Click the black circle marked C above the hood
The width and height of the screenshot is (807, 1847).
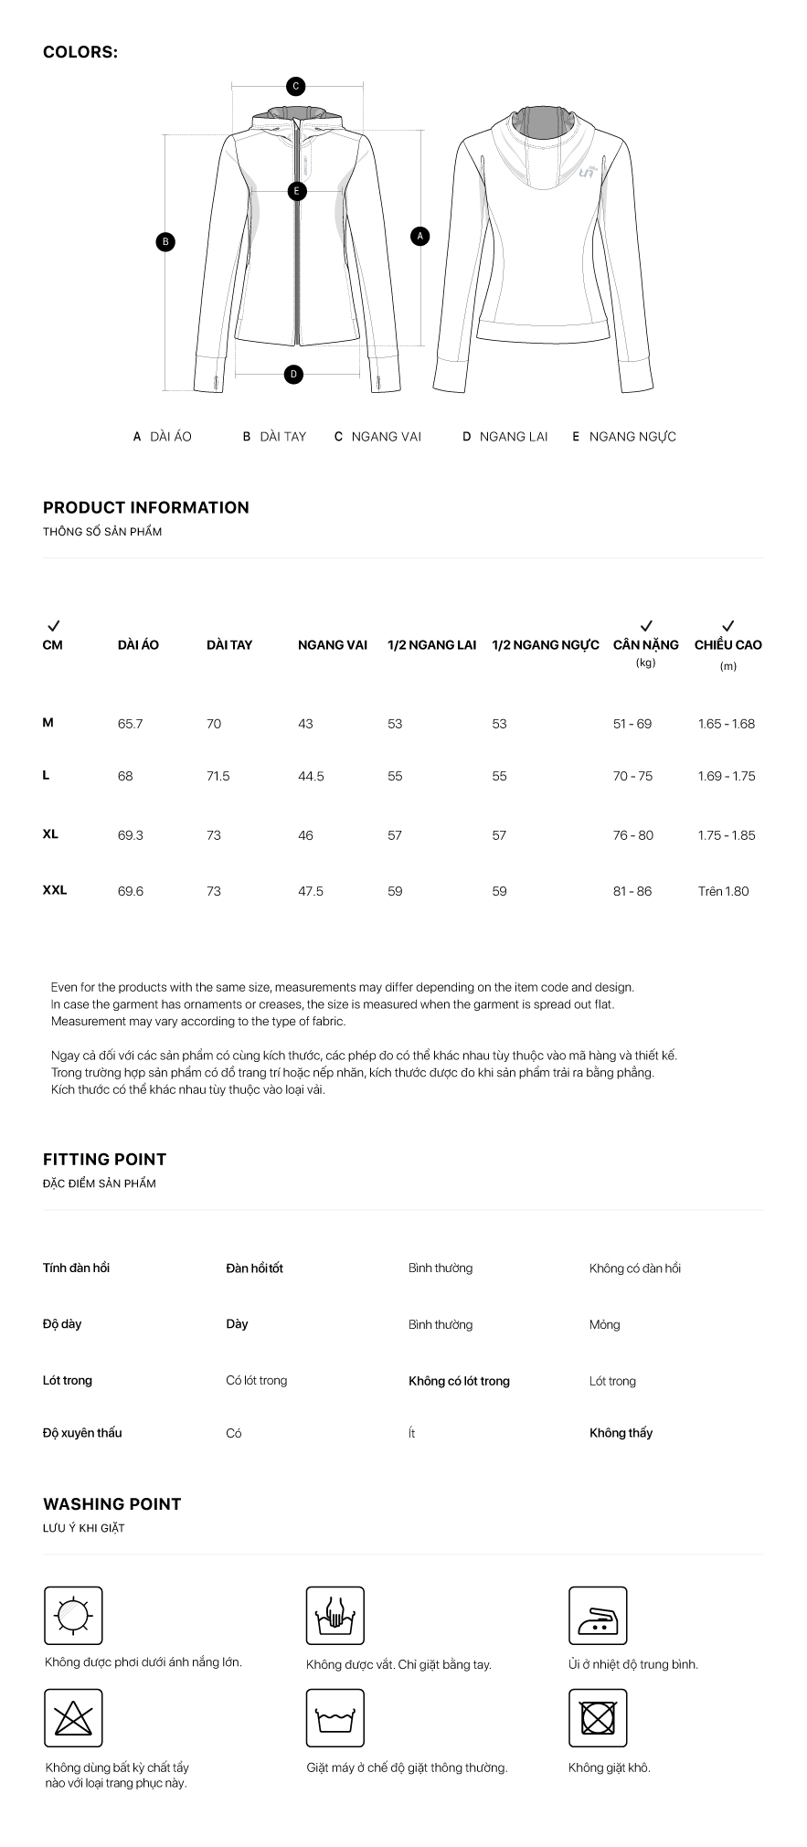[295, 87]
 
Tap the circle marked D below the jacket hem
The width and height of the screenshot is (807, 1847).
[293, 374]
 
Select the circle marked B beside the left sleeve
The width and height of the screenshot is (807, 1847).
[165, 242]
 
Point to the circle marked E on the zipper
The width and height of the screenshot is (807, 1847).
[296, 192]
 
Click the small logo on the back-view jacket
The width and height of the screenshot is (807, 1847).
[587, 171]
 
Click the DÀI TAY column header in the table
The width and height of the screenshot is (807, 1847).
[229, 645]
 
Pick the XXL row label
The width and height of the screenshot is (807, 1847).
[55, 890]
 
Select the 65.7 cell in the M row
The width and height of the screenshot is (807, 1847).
[131, 724]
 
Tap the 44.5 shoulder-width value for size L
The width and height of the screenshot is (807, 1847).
[311, 777]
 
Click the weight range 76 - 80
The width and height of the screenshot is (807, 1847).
[633, 835]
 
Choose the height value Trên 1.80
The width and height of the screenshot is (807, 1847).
[723, 891]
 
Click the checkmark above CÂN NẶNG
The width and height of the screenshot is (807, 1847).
[646, 626]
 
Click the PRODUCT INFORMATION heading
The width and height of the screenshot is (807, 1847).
[146, 508]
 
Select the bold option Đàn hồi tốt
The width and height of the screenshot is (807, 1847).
[254, 1268]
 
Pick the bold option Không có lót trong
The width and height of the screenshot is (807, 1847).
[459, 1381]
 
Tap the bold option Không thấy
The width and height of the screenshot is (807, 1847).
[621, 1433]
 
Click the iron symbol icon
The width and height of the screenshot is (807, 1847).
[598, 1616]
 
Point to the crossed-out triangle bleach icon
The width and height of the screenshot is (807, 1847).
[73, 1718]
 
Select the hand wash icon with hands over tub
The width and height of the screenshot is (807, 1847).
[334, 1616]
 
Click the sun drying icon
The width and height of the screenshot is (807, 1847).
[73, 1616]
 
